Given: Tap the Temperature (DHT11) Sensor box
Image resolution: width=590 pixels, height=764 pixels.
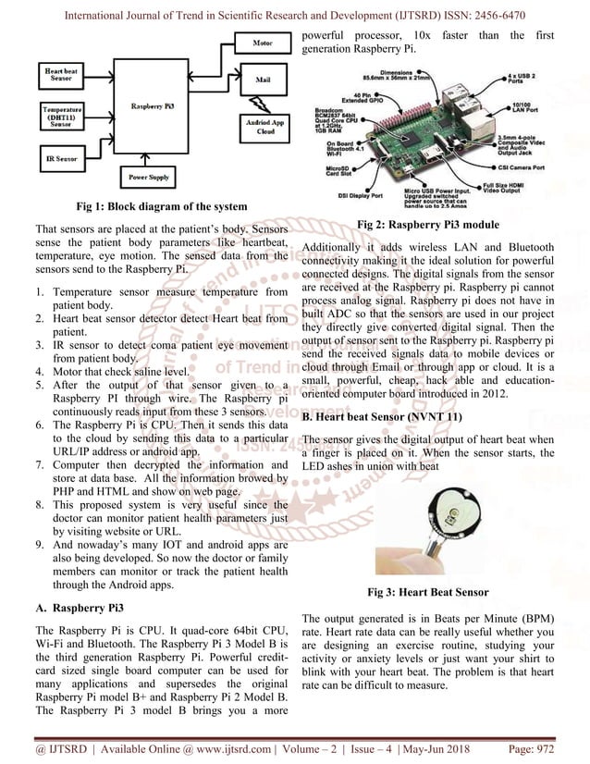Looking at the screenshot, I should click(62, 120).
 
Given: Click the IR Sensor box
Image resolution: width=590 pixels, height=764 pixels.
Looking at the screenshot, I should click(61, 160).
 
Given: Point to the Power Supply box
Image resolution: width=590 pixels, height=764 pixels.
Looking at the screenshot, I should click(149, 176).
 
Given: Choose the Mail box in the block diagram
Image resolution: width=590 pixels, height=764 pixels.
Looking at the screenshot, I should click(263, 80).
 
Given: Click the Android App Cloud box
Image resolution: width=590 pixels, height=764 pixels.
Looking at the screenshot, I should click(264, 126).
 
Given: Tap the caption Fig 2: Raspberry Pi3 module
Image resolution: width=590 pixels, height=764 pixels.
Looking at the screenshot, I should click(428, 225).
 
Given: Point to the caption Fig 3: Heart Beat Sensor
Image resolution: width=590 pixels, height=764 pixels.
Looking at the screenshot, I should click(428, 592).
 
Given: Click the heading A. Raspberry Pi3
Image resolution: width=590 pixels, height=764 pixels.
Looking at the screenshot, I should click(78, 610).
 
